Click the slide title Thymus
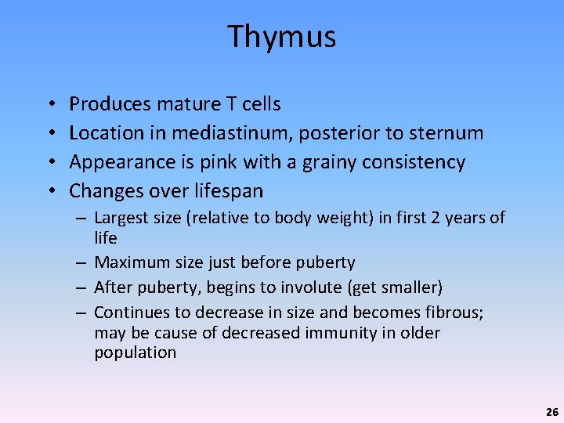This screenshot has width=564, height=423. coord(282,37)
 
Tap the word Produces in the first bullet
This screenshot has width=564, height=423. coord(110,104)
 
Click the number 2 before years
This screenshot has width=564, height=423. coord(434,219)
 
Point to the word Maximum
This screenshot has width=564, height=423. coord(128,262)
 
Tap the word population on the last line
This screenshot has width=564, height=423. coord(135,352)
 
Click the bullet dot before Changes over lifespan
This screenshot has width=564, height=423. coord(49,191)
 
